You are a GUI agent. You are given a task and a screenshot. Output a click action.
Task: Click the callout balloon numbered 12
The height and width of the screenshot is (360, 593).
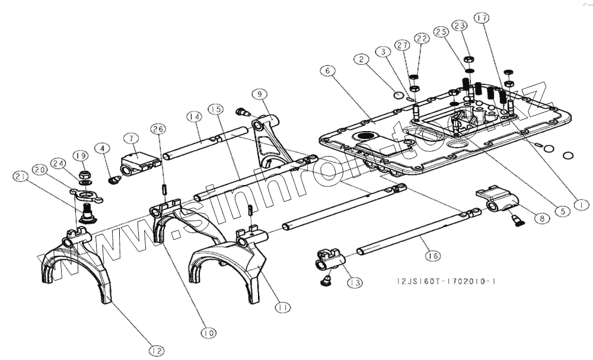click(x=157, y=351)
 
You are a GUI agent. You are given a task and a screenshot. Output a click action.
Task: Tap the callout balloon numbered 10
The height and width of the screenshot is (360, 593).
click(x=208, y=333)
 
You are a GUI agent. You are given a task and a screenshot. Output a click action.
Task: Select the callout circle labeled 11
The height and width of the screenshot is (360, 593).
click(x=283, y=307)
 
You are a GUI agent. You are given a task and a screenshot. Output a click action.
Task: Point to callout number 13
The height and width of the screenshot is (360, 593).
click(x=355, y=283)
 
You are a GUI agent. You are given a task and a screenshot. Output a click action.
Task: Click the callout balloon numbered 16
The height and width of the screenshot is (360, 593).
click(x=432, y=256)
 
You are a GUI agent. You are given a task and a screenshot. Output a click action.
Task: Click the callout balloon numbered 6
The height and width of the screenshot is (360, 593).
click(x=327, y=70)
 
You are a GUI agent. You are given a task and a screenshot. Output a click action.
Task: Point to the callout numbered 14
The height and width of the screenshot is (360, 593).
click(x=193, y=117)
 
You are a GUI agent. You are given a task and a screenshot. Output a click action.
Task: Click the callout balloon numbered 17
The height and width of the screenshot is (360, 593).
click(x=482, y=18)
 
